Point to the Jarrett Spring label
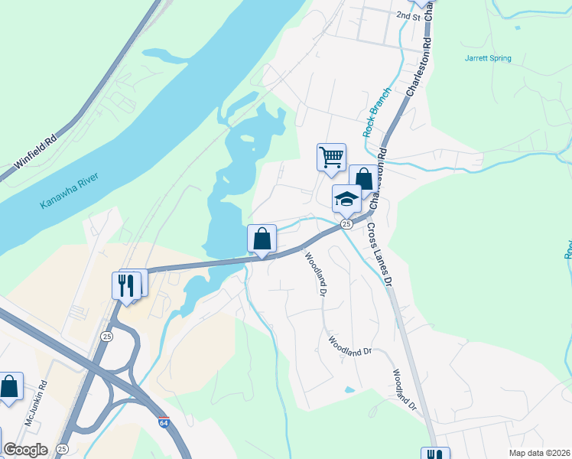point(487,58)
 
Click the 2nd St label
point(408,15)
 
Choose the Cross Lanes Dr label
point(379,255)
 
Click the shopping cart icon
point(332,157)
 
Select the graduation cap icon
point(346,199)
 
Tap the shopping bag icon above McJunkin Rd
point(9,386)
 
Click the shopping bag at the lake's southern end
point(262,238)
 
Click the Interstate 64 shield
point(164,422)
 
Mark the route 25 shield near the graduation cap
point(346,223)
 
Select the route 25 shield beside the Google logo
point(62,448)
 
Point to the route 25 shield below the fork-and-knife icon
point(106,337)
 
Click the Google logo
point(25,450)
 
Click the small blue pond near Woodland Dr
point(349,389)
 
